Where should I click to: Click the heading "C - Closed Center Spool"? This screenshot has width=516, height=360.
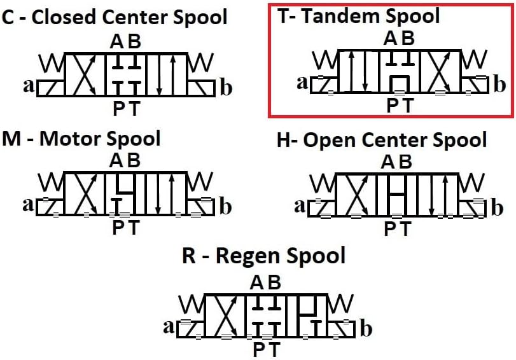click(114, 17)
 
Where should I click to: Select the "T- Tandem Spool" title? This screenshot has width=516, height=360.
click(358, 16)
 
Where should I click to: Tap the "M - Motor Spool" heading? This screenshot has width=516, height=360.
click(81, 139)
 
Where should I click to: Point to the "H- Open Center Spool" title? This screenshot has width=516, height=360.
click(382, 140)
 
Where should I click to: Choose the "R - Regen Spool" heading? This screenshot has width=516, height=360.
click(264, 256)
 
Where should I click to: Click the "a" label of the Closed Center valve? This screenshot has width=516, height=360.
click(29, 86)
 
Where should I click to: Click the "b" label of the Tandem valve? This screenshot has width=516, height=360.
click(499, 83)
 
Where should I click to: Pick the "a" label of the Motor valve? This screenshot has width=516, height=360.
click(28, 205)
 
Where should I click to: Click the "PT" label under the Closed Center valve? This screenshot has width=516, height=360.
click(126, 109)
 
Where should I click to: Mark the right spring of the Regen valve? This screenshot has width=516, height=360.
click(342, 305)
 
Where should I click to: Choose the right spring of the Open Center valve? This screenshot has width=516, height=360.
click(473, 184)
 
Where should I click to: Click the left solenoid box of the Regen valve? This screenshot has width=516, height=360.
click(192, 328)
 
